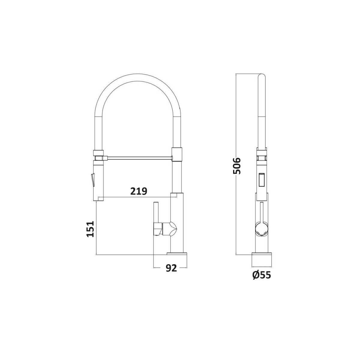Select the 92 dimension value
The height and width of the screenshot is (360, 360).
(x=171, y=268)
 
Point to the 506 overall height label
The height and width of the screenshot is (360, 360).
(x=237, y=166)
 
